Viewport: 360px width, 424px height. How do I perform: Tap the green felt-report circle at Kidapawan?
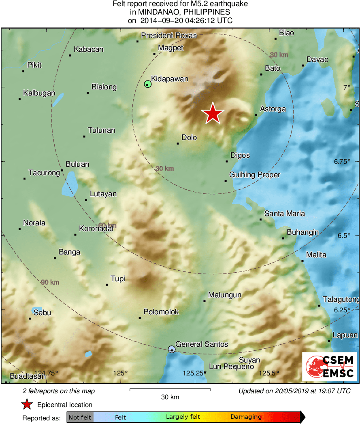(x=147, y=84)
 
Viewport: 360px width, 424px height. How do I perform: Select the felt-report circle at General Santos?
(x=172, y=349)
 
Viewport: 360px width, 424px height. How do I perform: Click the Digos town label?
(x=240, y=155)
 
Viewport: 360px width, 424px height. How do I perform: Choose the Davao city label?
(x=317, y=59)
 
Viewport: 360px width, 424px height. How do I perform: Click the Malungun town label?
(x=225, y=295)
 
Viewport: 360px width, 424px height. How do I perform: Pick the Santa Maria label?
(x=285, y=213)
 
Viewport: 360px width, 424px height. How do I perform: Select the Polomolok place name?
(x=161, y=312)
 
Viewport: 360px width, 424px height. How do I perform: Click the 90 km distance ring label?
(x=50, y=282)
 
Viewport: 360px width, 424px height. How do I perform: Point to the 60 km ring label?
(x=107, y=225)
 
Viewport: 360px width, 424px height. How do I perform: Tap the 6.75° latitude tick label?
(x=342, y=161)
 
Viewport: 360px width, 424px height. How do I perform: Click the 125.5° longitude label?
(x=270, y=373)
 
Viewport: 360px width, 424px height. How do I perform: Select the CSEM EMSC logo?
(x=329, y=367)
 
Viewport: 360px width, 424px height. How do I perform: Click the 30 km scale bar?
(x=170, y=390)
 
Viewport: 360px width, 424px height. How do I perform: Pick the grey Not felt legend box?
(x=80, y=417)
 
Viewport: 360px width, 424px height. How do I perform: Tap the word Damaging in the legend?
(x=246, y=417)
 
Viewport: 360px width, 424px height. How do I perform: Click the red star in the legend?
(x=27, y=404)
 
